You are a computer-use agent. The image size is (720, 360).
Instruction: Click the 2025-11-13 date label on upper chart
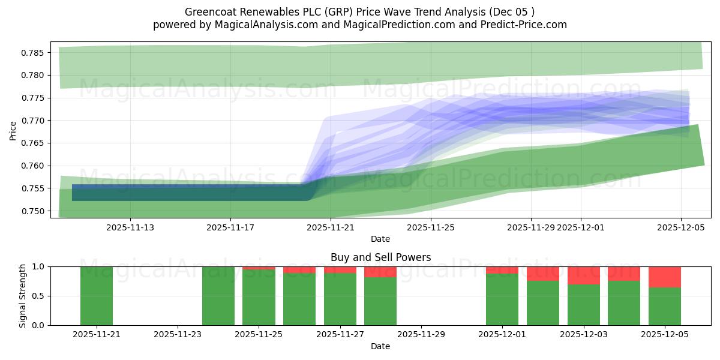click(x=130, y=227)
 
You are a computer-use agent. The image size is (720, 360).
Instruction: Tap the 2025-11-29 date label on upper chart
click(x=530, y=227)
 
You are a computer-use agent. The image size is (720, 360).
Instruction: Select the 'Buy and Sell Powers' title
click(x=380, y=257)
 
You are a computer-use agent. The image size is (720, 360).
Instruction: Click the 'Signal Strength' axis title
click(x=23, y=296)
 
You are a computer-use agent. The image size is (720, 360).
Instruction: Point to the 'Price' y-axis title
click(x=13, y=130)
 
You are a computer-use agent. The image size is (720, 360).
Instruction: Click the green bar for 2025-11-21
click(x=97, y=296)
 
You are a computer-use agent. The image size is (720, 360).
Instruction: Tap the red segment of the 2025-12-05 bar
click(x=665, y=277)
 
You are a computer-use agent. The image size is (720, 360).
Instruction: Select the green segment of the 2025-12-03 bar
click(x=584, y=305)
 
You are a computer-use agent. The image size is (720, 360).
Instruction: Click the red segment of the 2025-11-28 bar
click(x=380, y=272)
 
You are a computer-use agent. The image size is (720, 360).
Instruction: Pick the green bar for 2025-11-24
click(x=218, y=296)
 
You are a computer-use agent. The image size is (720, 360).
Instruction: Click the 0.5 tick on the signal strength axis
click(x=38, y=296)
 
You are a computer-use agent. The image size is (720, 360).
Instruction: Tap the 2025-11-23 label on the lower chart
click(x=178, y=334)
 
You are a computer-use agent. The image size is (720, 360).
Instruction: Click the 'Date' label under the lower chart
click(x=380, y=346)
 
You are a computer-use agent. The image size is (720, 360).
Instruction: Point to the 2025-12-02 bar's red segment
click(x=543, y=274)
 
